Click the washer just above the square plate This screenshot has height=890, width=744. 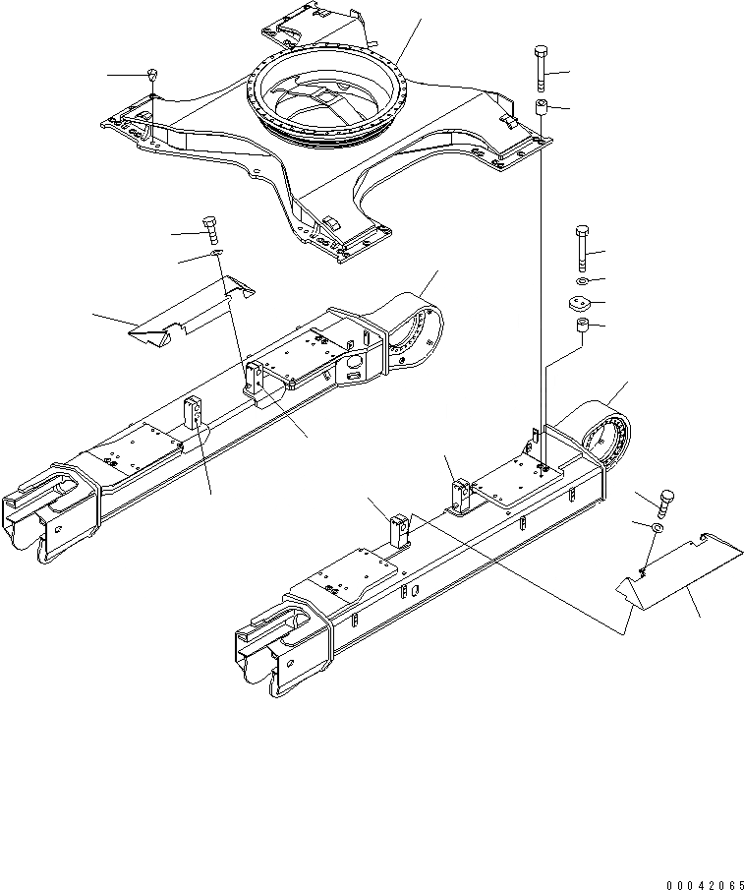pos(581,283)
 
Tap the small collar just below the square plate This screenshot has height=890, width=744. pos(581,326)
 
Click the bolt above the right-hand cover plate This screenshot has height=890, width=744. pos(663,502)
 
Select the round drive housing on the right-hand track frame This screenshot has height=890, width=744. pos(601,433)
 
